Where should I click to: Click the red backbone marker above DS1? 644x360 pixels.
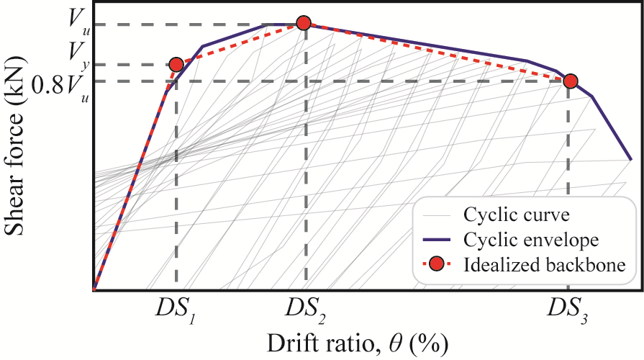pos(176,65)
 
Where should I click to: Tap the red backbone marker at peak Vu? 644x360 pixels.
pos(304,24)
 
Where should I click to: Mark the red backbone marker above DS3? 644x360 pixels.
pos(570,81)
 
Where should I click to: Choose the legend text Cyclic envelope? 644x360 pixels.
pos(521,239)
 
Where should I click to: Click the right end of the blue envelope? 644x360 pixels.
pos(630,158)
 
